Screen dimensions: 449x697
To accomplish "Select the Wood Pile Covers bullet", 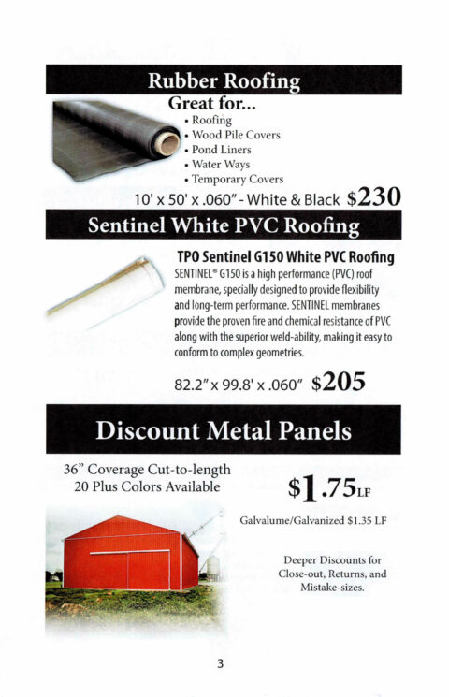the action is tap(236, 134).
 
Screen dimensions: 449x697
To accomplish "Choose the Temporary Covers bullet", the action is tap(238, 179).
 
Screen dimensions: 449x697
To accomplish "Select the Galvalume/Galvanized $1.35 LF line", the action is tap(313, 519).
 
